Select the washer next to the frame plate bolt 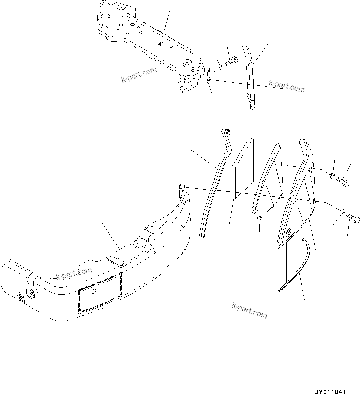click(x=221, y=67)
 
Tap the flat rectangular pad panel click(x=243, y=168)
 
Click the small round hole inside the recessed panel click(x=94, y=292)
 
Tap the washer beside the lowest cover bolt click(x=343, y=213)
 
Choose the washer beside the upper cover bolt click(x=332, y=176)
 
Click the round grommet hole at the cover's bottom click(x=288, y=233)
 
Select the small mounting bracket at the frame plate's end click(x=208, y=75)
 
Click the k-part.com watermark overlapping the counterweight click(x=74, y=273)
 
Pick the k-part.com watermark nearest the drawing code click(x=250, y=310)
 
